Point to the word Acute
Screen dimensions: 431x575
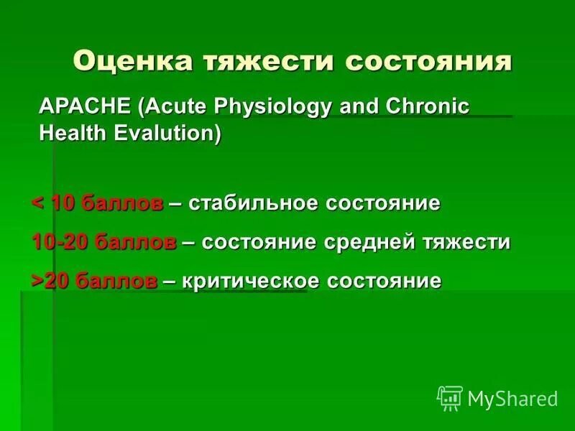click(174, 107)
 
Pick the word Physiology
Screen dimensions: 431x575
click(273, 107)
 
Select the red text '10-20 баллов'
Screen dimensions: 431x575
click(104, 242)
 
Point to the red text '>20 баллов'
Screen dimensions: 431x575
click(95, 281)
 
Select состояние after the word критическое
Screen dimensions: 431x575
click(385, 281)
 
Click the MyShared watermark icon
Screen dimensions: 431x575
click(450, 397)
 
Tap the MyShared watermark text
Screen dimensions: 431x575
click(512, 398)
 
